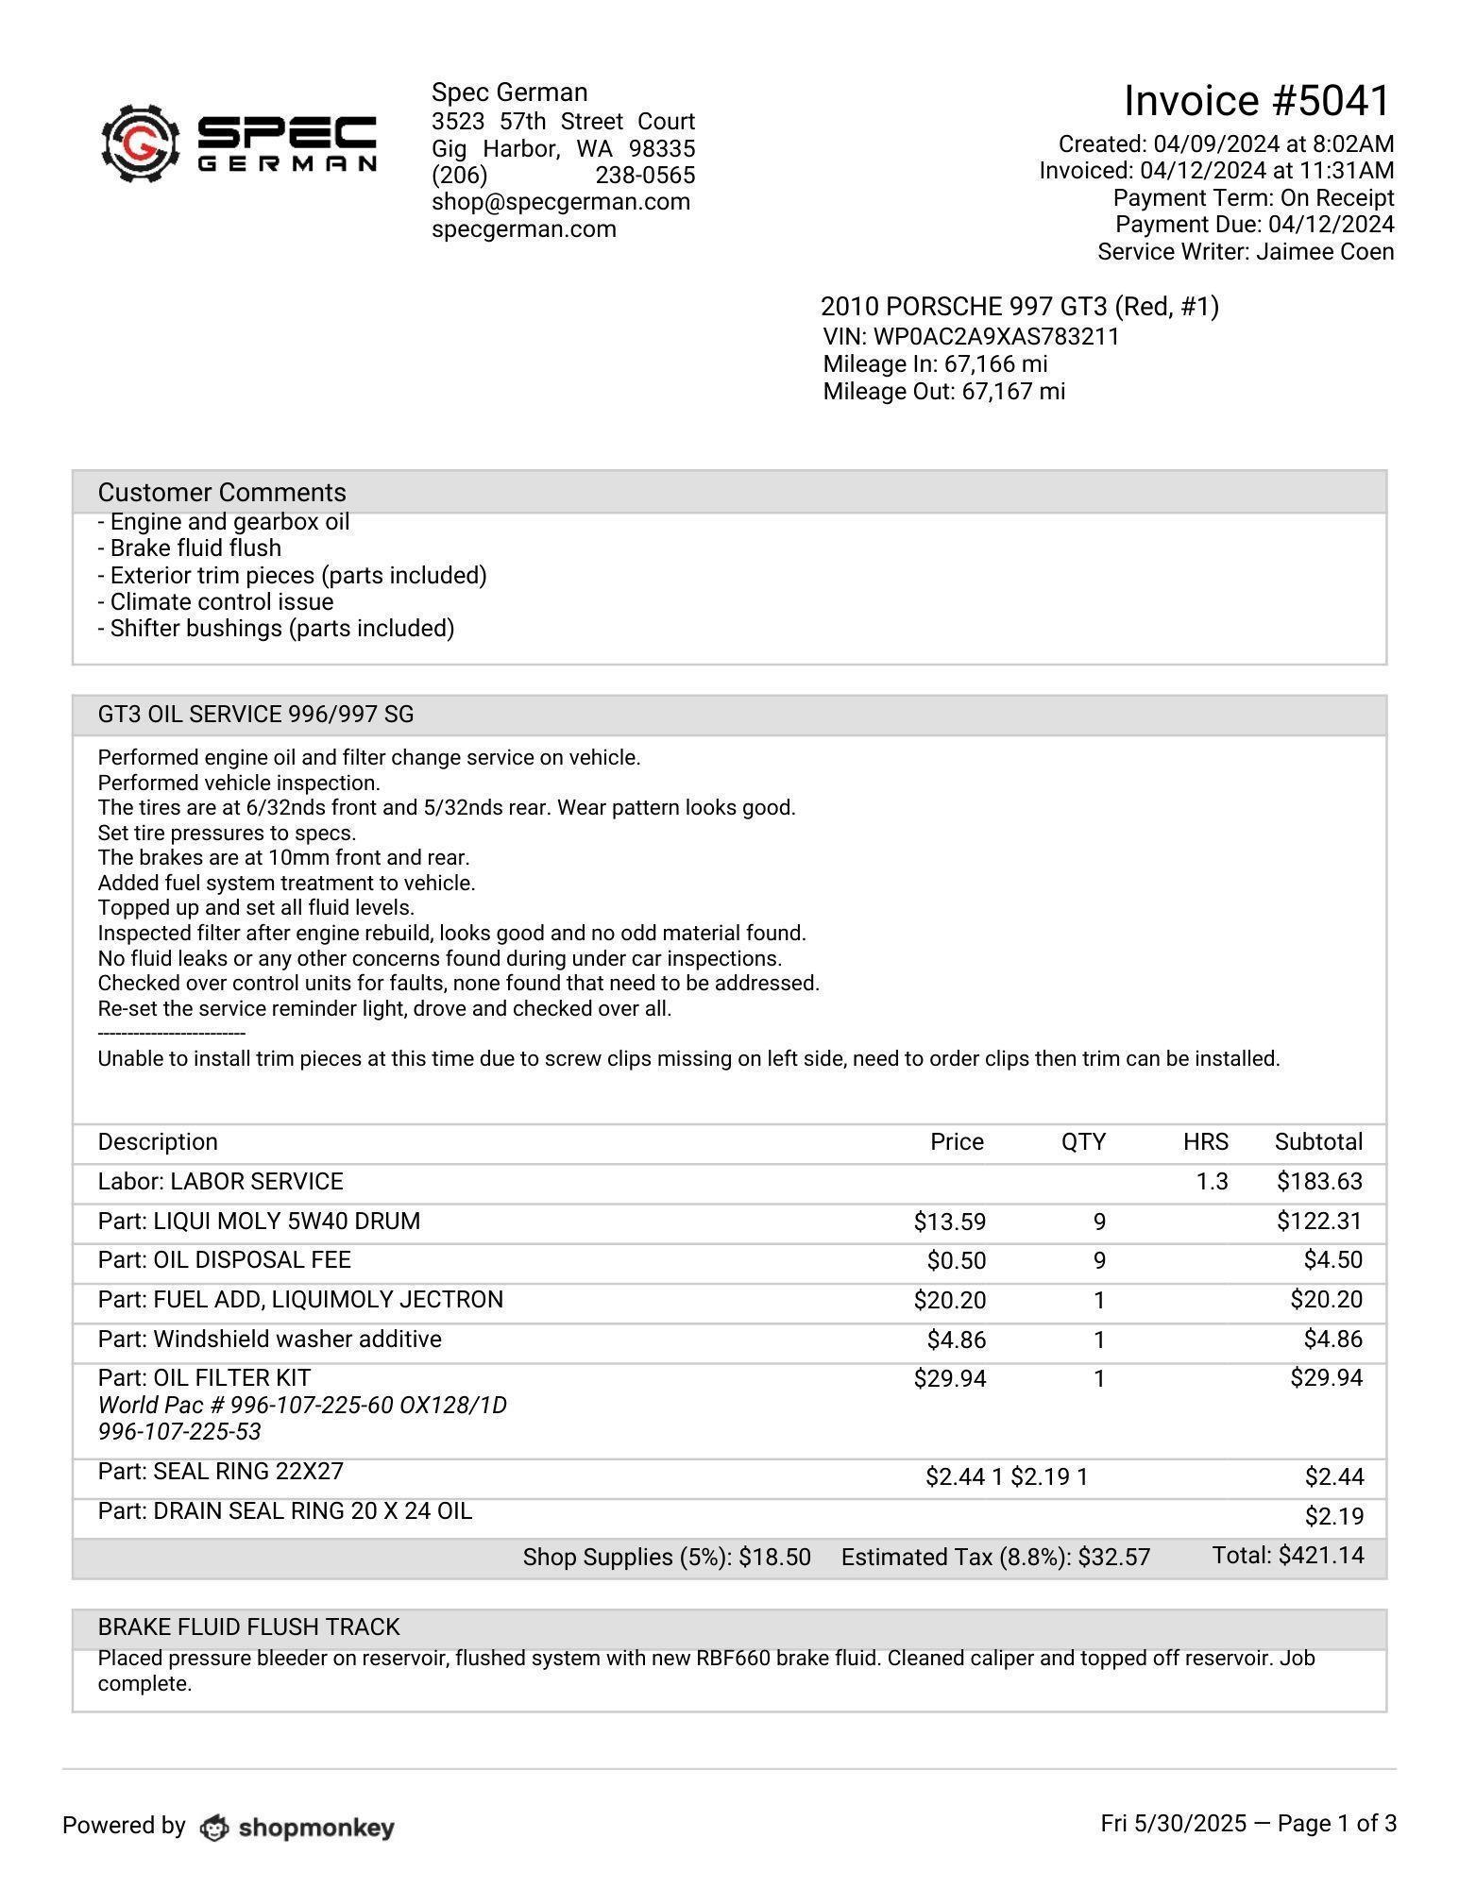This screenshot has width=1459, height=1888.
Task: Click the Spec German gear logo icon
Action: pyautogui.click(x=141, y=143)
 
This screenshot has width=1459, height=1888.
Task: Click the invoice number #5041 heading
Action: pyautogui.click(x=1257, y=100)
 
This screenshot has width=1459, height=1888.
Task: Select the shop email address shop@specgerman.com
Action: pyautogui.click(x=560, y=202)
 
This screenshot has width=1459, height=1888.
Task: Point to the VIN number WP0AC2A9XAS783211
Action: pyautogui.click(x=995, y=337)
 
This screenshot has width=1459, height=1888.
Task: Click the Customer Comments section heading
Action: pyautogui.click(x=222, y=493)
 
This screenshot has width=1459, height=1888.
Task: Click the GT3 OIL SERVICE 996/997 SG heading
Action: pyautogui.click(x=255, y=715)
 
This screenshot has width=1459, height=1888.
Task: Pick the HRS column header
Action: pyautogui.click(x=1205, y=1142)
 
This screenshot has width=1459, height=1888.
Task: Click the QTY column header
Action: pyautogui.click(x=1082, y=1142)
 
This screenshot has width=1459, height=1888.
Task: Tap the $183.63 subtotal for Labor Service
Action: pyautogui.click(x=1319, y=1182)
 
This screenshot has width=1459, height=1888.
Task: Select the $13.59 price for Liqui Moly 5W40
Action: pyautogui.click(x=949, y=1222)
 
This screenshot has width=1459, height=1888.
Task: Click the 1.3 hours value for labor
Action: pyautogui.click(x=1212, y=1182)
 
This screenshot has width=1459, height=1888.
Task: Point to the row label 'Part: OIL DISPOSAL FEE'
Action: pyautogui.click(x=224, y=1260)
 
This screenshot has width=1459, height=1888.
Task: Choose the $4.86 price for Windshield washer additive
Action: pyautogui.click(x=956, y=1340)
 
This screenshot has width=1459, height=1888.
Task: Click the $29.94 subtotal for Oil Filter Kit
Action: pyautogui.click(x=1326, y=1378)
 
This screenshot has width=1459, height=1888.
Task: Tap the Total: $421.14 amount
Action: pyautogui.click(x=1288, y=1556)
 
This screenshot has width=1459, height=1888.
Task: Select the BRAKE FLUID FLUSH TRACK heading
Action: pyautogui.click(x=248, y=1627)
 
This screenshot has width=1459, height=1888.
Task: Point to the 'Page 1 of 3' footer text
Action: pyautogui.click(x=1336, y=1824)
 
